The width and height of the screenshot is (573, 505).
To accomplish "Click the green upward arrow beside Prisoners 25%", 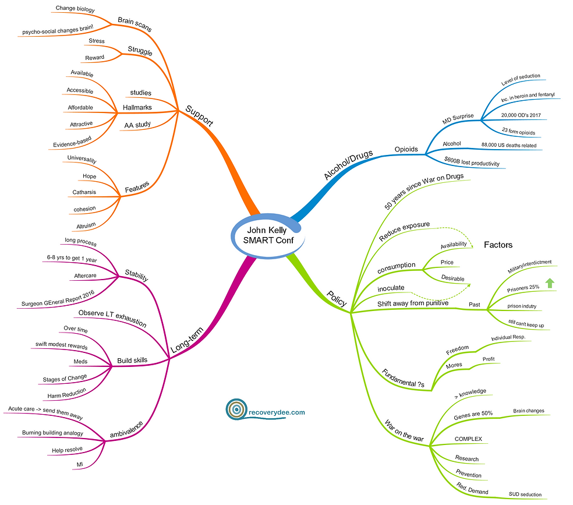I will tap(549, 284).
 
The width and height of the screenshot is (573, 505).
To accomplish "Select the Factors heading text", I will tap(498, 245).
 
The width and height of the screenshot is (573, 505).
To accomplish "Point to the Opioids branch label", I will tap(406, 149).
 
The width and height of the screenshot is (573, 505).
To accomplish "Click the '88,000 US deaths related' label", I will tap(509, 145).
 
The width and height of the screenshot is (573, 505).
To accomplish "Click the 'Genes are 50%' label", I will tap(473, 415).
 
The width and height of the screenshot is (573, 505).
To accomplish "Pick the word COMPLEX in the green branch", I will tap(468, 438).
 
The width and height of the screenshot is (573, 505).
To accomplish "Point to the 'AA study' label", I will tap(137, 125).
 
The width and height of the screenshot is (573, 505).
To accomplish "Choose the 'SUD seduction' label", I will tap(525, 494).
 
